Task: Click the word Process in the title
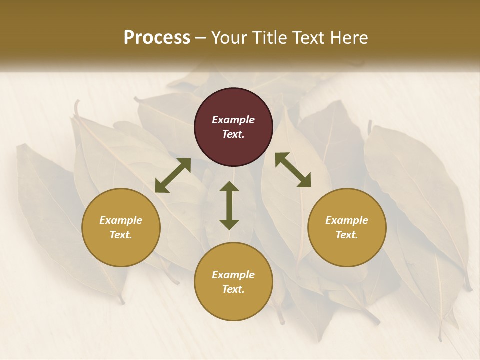(157, 38)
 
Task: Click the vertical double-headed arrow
(229, 205)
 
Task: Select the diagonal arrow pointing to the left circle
(173, 175)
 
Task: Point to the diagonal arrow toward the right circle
(293, 170)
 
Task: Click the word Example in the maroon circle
(233, 120)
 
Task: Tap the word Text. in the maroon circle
(233, 134)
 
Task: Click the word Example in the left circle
(121, 220)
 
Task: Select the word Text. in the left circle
(121, 235)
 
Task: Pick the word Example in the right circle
(347, 220)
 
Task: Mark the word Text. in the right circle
(347, 235)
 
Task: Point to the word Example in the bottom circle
(233, 275)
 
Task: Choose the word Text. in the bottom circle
(233, 289)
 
